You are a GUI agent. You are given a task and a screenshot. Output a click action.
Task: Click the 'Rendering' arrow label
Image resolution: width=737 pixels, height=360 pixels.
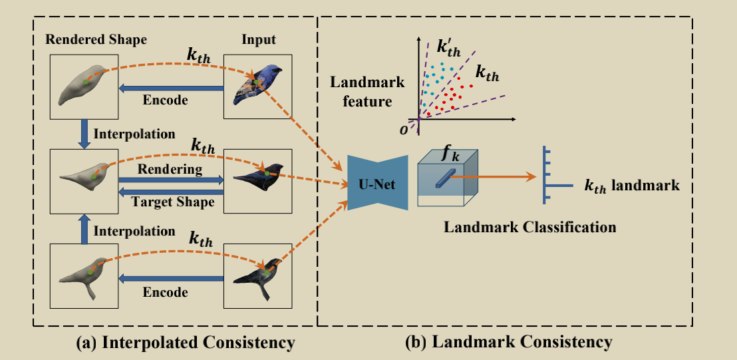[x=170, y=170]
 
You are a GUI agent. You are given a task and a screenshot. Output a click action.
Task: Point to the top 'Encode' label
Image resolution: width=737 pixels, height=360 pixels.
[x=166, y=100]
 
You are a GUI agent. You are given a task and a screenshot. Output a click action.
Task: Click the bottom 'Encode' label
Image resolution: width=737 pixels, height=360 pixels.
[x=166, y=292]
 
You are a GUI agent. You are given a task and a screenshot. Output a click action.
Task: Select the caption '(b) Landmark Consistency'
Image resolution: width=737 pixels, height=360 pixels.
[x=508, y=343]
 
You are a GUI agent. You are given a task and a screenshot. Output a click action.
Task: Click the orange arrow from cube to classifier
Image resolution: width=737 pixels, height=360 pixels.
[x=496, y=176]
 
